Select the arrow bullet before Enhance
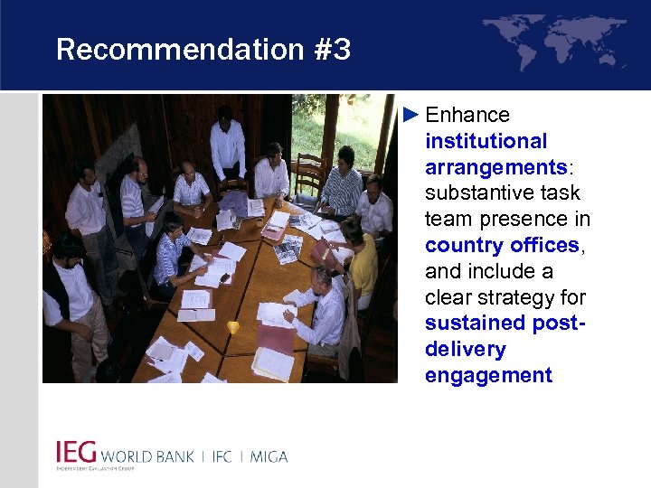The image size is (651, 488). pyautogui.click(x=411, y=115)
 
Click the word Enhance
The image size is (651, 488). pyautogui.click(x=467, y=115)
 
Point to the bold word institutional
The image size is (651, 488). pyautogui.click(x=486, y=141)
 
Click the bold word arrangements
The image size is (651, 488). pyautogui.click(x=495, y=167)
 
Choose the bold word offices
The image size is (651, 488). pyautogui.click(x=542, y=246)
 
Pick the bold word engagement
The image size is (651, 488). pyautogui.click(x=488, y=376)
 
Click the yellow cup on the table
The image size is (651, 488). pyautogui.click(x=233, y=327)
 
